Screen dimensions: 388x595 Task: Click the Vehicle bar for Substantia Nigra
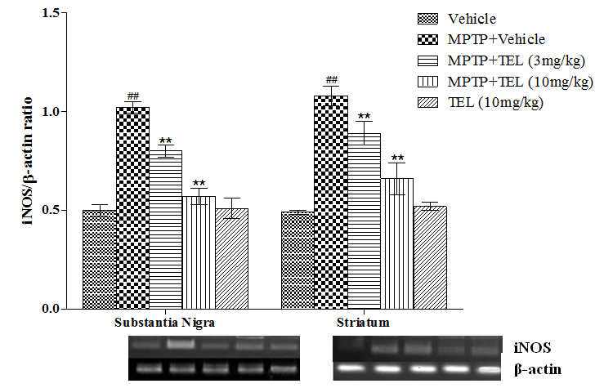pos(99,260)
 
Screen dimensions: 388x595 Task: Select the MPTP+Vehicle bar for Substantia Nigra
pos(132,208)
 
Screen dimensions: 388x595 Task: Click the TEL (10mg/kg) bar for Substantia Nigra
pos(231,259)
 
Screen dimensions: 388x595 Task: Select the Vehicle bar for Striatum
pos(297,261)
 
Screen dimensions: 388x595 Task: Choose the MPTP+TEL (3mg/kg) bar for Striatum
pos(364,221)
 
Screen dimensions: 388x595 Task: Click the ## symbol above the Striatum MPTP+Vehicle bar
pos(331,80)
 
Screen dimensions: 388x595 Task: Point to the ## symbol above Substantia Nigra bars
pos(133,96)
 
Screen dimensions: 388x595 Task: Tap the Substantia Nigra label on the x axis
pos(164,323)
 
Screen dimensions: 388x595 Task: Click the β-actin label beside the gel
pos(537,369)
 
